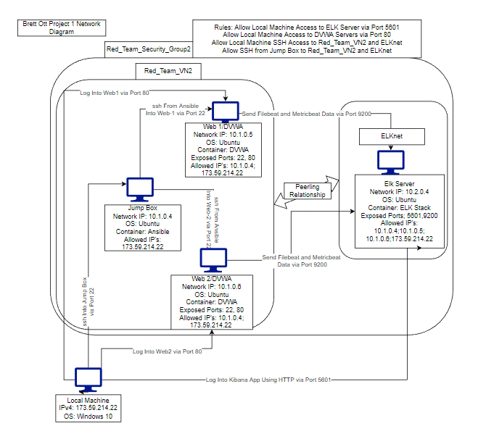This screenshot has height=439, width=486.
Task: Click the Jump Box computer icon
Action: (x=135, y=188)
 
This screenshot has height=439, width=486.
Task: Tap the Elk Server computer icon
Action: (x=390, y=161)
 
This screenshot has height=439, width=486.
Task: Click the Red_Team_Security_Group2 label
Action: (x=149, y=49)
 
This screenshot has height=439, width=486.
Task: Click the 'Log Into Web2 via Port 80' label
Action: (x=168, y=352)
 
